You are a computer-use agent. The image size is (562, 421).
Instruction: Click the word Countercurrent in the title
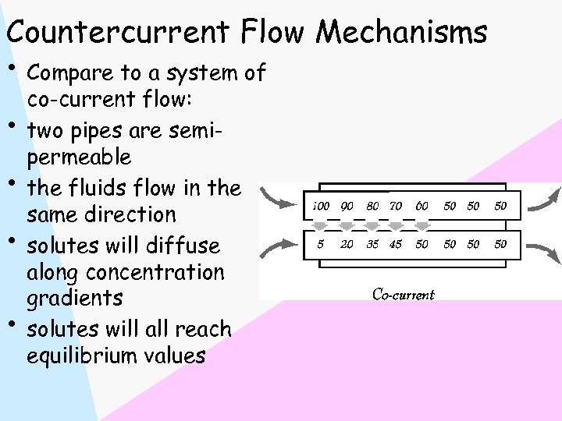(x=118, y=33)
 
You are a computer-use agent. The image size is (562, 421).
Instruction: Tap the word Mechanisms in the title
(x=401, y=33)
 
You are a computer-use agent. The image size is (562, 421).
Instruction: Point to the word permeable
(x=79, y=158)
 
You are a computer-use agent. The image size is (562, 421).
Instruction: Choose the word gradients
(x=74, y=299)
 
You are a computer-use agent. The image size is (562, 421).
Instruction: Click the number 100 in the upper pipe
(x=320, y=207)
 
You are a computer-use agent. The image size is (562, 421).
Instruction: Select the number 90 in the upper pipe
(x=347, y=207)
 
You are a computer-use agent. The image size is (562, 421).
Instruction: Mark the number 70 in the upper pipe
(x=396, y=207)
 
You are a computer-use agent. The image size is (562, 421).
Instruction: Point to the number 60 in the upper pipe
(x=422, y=207)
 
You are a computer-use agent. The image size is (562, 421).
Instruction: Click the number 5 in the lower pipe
(x=320, y=244)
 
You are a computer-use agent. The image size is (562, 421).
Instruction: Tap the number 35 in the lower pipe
(x=373, y=244)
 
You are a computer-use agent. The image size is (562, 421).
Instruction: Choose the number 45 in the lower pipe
(x=396, y=244)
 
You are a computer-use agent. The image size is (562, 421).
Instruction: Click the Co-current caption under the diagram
(x=403, y=295)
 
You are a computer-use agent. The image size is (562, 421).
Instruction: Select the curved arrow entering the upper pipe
(x=279, y=199)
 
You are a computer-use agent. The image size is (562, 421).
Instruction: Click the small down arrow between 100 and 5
(x=320, y=226)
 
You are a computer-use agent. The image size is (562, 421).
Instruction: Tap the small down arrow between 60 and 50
(x=422, y=226)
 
